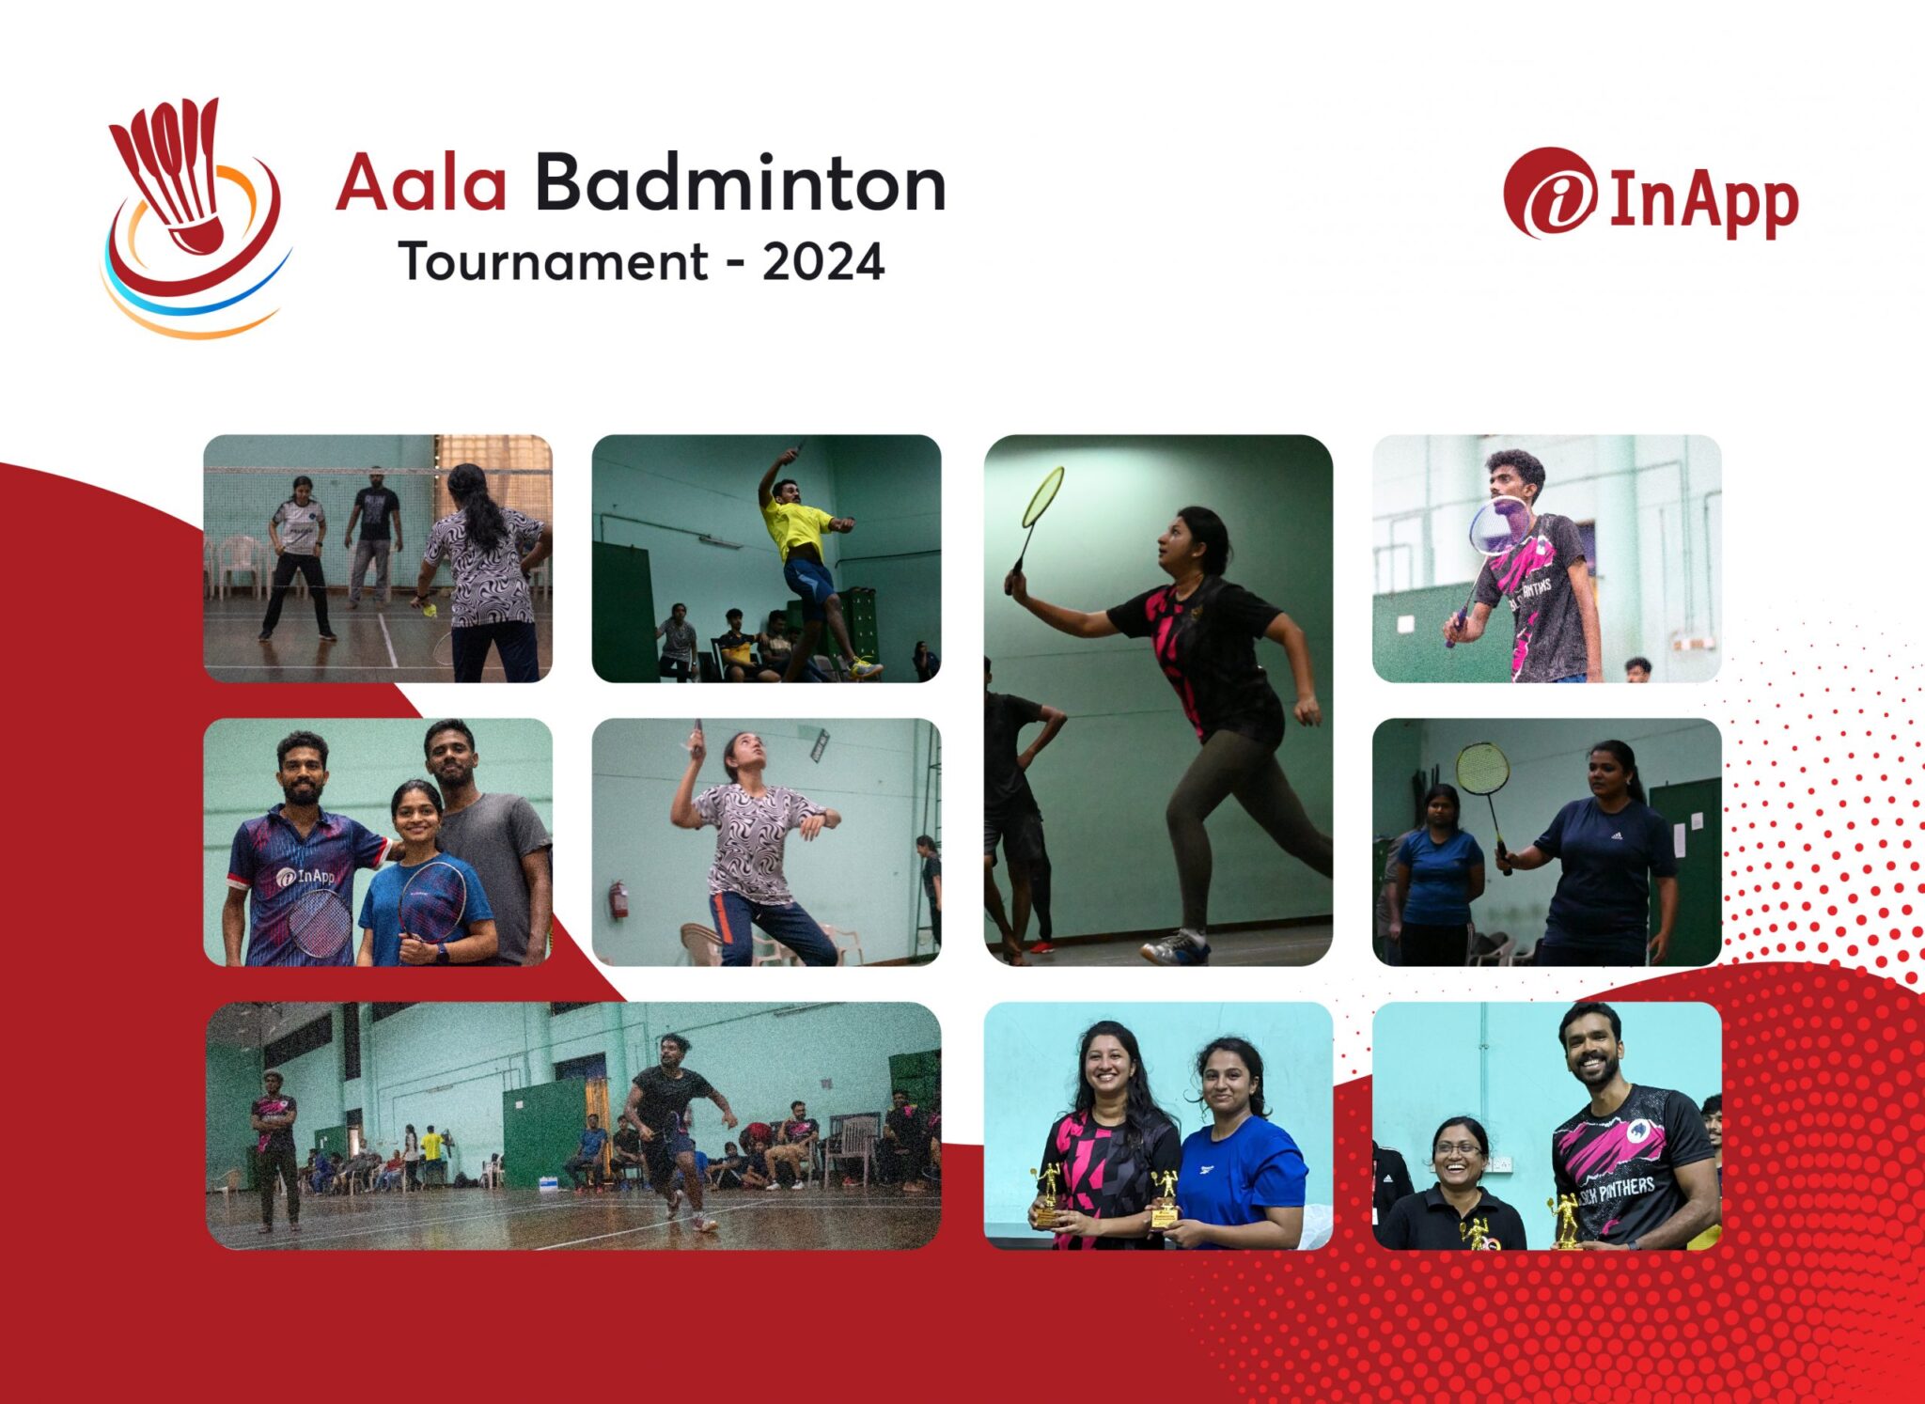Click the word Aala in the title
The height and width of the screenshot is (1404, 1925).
(x=421, y=183)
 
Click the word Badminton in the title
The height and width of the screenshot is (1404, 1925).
(x=740, y=183)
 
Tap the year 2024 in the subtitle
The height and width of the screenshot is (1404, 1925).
(x=823, y=262)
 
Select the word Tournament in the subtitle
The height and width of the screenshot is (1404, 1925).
(x=553, y=262)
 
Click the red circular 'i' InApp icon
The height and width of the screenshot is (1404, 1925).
(x=1549, y=194)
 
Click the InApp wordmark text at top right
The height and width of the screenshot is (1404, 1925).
(x=1703, y=202)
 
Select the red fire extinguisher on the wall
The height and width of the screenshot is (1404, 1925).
(x=618, y=899)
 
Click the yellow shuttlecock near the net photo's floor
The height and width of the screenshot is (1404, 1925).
(x=430, y=612)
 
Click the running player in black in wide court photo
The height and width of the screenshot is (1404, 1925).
(x=672, y=1118)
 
